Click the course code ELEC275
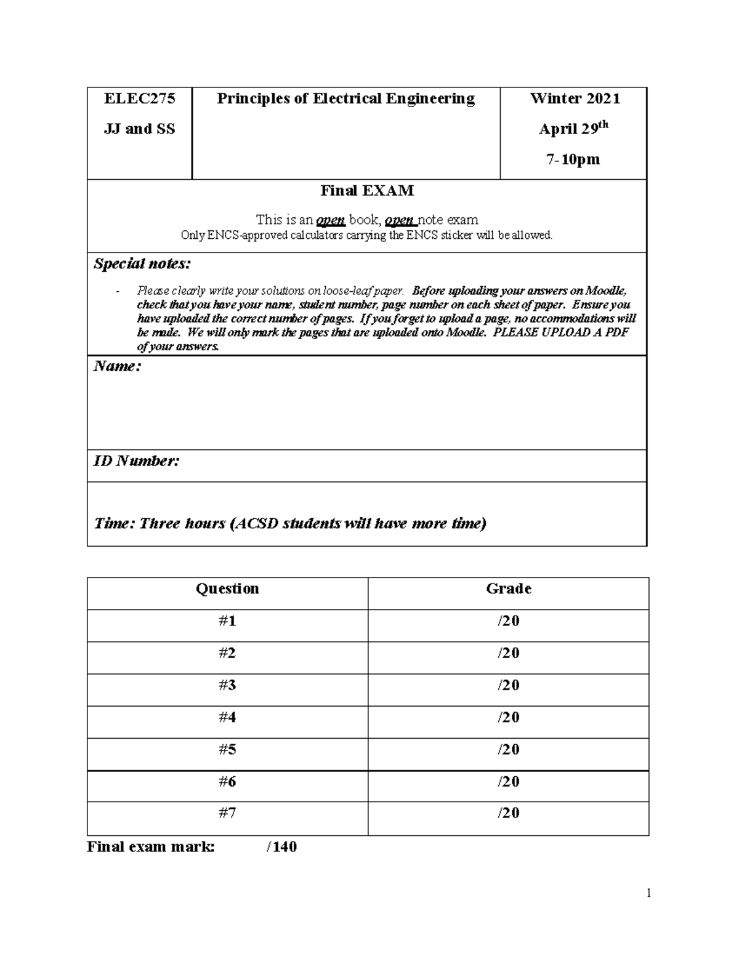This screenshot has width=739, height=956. pyautogui.click(x=139, y=98)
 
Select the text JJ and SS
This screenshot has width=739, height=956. pyautogui.click(x=139, y=129)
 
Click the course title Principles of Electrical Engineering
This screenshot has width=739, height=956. pyautogui.click(x=345, y=98)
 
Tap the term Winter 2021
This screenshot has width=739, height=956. pyautogui.click(x=575, y=98)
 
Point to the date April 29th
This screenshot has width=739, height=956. pyautogui.click(x=573, y=129)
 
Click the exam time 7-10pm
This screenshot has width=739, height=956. pyautogui.click(x=573, y=159)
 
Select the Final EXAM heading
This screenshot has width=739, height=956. pyautogui.click(x=366, y=191)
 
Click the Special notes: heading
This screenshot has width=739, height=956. pyautogui.click(x=142, y=264)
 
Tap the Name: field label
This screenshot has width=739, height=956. pyautogui.click(x=117, y=367)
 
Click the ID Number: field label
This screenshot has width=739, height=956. pyautogui.click(x=136, y=461)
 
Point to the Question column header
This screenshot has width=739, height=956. pyautogui.click(x=227, y=589)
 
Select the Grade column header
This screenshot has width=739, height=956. pyautogui.click(x=508, y=589)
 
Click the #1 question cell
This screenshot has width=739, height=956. pyautogui.click(x=227, y=621)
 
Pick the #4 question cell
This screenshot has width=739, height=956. pyautogui.click(x=227, y=717)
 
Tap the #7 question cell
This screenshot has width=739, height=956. pyautogui.click(x=227, y=813)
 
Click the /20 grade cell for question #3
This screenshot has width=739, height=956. pyautogui.click(x=508, y=685)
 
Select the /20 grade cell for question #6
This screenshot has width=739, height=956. pyautogui.click(x=508, y=781)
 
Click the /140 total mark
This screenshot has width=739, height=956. pyautogui.click(x=281, y=847)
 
